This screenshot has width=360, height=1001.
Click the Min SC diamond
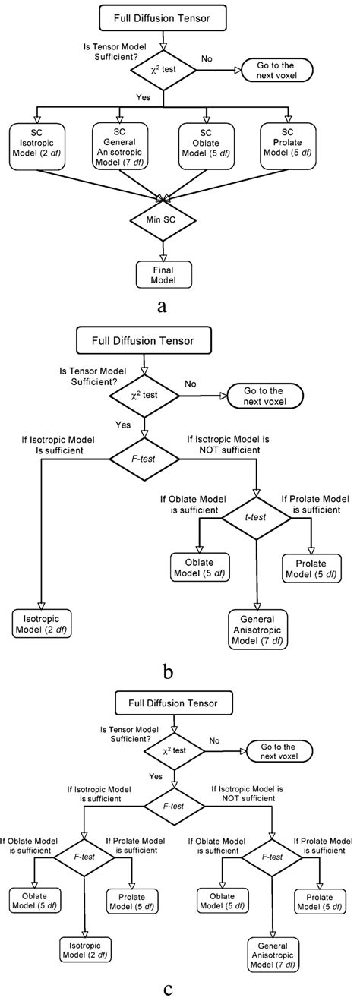pyautogui.click(x=162, y=220)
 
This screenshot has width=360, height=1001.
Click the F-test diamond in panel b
pyautogui.click(x=145, y=459)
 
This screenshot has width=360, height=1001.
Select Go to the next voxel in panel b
pyautogui.click(x=265, y=396)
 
